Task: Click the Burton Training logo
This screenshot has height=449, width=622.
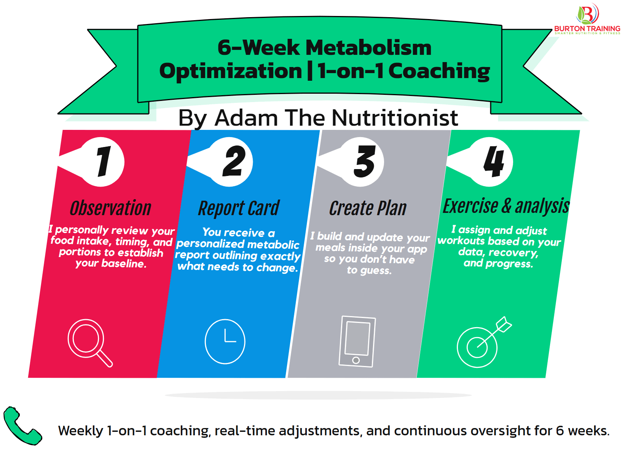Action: click(x=587, y=19)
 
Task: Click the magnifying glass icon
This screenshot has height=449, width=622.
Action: click(x=89, y=342)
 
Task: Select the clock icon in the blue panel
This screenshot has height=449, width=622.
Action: click(x=225, y=341)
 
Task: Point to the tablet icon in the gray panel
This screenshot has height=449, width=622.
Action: click(x=357, y=341)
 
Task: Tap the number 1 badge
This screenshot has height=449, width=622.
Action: click(x=102, y=162)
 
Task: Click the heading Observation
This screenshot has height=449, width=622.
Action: click(x=111, y=208)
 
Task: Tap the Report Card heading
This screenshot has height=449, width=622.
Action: click(x=239, y=208)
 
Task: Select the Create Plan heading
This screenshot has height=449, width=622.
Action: click(x=368, y=208)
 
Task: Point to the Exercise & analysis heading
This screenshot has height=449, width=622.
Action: click(x=506, y=206)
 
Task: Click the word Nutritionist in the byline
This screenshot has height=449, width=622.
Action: click(x=396, y=118)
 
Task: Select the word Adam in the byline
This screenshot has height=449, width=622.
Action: click(x=246, y=118)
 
